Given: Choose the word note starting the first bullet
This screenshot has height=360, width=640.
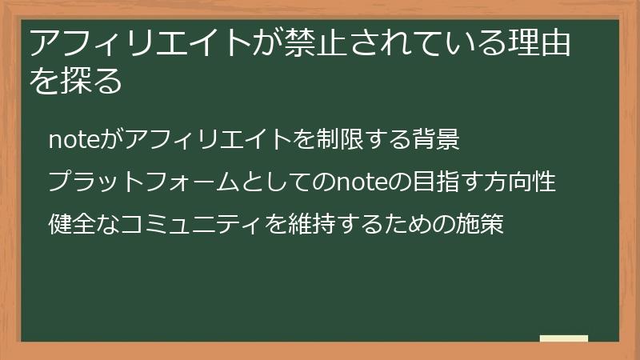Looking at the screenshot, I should [71, 140].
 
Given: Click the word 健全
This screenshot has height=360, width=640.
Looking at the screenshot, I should [71, 225].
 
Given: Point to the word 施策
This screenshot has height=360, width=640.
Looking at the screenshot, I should [480, 225].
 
